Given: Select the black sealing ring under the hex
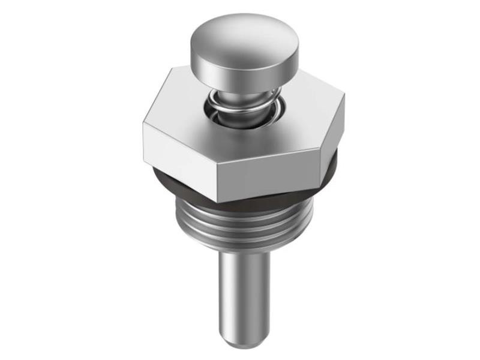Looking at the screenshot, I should (180, 186).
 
